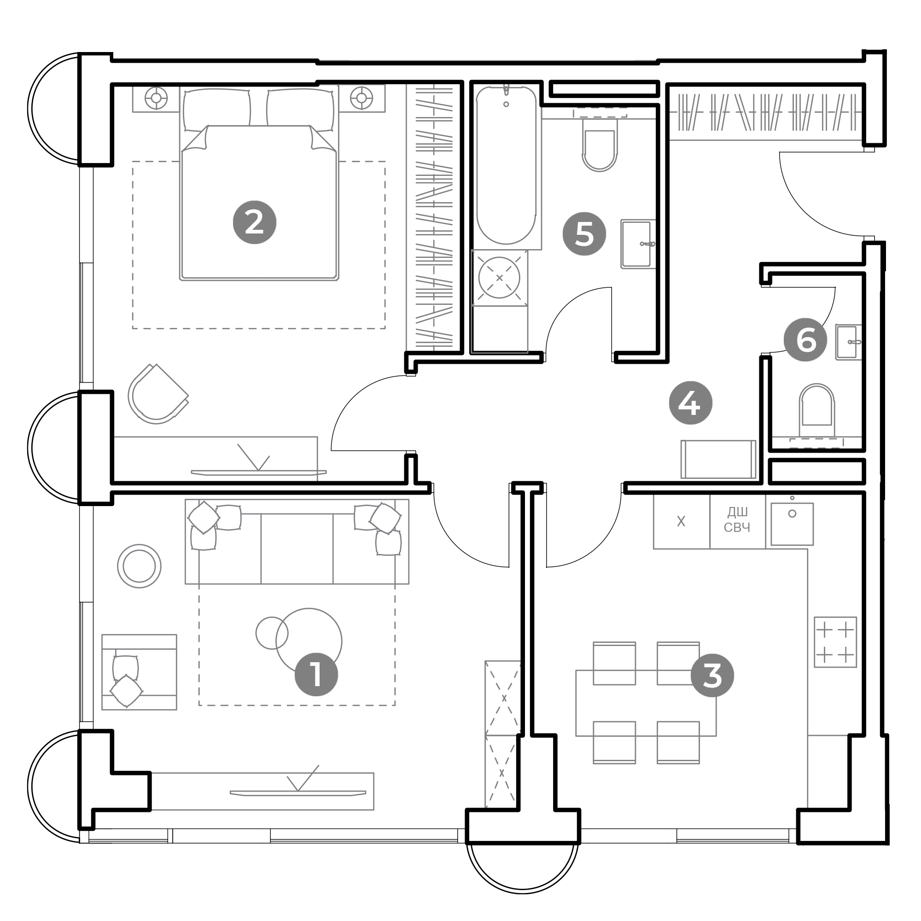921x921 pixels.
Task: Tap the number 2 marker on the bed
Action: (x=255, y=222)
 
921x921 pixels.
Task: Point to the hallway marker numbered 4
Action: (x=690, y=403)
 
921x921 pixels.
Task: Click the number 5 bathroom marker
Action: (x=584, y=233)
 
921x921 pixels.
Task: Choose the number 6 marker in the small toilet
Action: (x=805, y=340)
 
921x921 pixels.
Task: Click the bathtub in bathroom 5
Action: (x=506, y=165)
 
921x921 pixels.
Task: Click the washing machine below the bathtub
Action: (x=499, y=277)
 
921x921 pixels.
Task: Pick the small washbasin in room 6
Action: (x=849, y=342)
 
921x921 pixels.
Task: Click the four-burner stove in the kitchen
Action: (x=835, y=642)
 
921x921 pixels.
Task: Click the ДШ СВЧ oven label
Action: (x=737, y=519)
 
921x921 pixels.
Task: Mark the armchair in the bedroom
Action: (x=158, y=394)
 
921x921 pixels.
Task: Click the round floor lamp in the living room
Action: (x=139, y=566)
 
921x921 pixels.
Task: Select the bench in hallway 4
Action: (x=718, y=459)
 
